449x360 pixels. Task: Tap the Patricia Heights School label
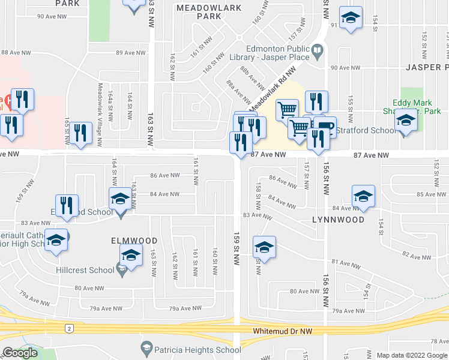[191, 350]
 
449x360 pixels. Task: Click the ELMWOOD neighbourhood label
[126, 240]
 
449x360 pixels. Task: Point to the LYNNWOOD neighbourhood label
[338, 220]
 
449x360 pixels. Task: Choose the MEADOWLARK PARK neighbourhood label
[209, 12]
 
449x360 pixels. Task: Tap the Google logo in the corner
[20, 353]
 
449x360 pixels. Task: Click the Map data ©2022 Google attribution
[412, 355]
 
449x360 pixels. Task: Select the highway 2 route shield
[70, 328]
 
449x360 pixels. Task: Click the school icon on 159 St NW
[264, 246]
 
